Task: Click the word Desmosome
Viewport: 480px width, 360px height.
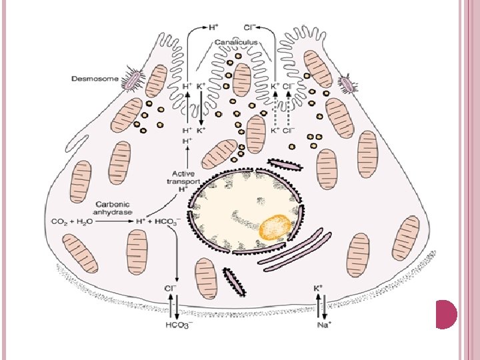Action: tap(95, 79)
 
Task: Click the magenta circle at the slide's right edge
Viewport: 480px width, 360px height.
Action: tap(446, 313)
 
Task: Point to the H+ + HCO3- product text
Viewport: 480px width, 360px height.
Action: tap(157, 220)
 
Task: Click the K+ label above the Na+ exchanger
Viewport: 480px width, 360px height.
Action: tap(319, 289)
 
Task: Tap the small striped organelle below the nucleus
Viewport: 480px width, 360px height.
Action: tap(233, 281)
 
